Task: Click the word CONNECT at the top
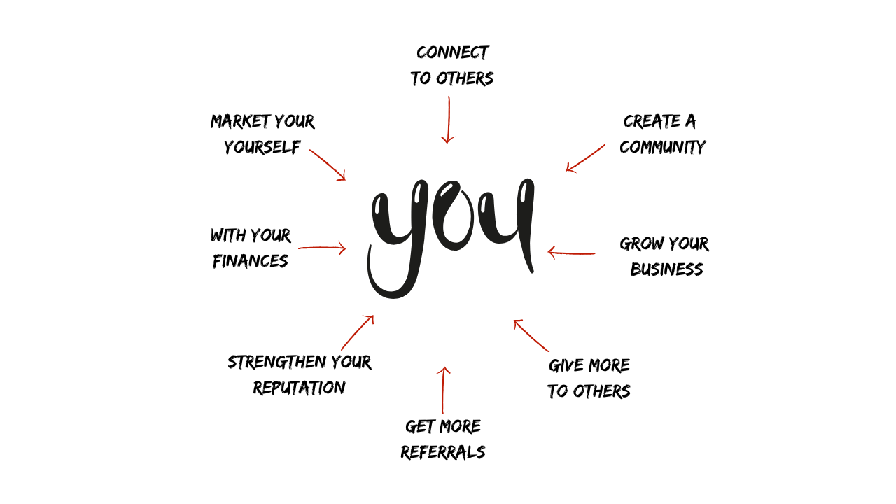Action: pyautogui.click(x=452, y=53)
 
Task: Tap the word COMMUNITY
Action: pyautogui.click(x=662, y=147)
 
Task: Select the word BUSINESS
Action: pyautogui.click(x=666, y=269)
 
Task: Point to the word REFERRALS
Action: pyautogui.click(x=443, y=452)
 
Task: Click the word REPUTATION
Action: pyautogui.click(x=300, y=388)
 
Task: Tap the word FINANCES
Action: pyautogui.click(x=251, y=261)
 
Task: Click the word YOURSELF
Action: pyautogui.click(x=262, y=147)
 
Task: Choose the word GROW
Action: pyautogui.click(x=638, y=244)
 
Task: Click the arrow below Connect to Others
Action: pyautogui.click(x=449, y=120)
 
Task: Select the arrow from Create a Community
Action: pyautogui.click(x=586, y=157)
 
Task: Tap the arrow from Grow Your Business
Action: pyautogui.click(x=571, y=253)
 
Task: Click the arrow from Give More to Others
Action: pyautogui.click(x=531, y=336)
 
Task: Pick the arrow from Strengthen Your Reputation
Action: pyautogui.click(x=358, y=332)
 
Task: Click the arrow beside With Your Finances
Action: pyautogui.click(x=322, y=248)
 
